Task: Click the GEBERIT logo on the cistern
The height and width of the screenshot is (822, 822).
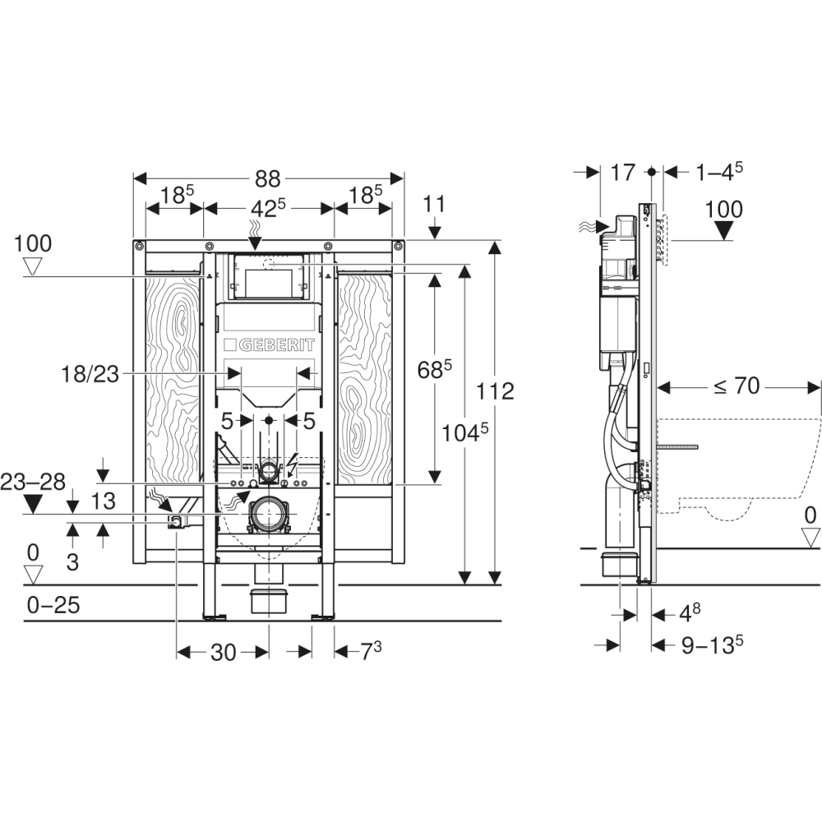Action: (x=270, y=345)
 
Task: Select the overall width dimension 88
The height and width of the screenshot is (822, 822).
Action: (x=267, y=179)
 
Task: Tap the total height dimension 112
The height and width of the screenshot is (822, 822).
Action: (x=496, y=391)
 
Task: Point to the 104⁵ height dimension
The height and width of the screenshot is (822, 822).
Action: (x=465, y=432)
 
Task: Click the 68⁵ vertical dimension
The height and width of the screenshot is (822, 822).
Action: (x=434, y=370)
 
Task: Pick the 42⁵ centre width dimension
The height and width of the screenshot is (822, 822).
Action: (x=268, y=209)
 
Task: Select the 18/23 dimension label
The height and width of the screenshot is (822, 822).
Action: (x=90, y=375)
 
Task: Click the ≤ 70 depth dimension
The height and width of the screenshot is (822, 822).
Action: (x=736, y=386)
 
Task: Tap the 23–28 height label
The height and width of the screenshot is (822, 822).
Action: (x=33, y=482)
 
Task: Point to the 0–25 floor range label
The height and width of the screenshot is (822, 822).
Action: (x=53, y=606)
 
